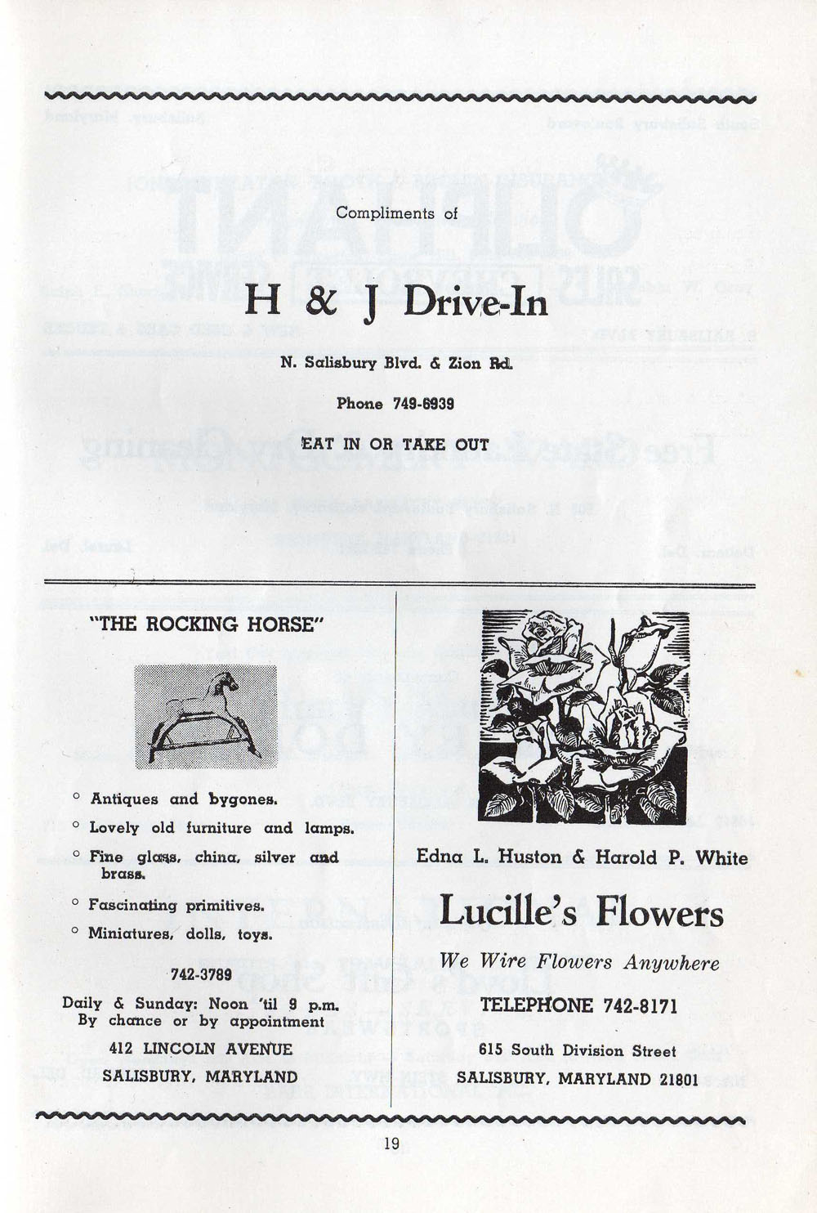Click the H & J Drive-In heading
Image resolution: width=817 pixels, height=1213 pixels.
tap(396, 303)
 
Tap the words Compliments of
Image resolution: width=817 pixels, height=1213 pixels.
tap(397, 213)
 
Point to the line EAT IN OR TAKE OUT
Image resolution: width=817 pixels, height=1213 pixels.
tap(395, 445)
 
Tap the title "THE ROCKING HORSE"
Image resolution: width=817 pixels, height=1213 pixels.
tap(211, 624)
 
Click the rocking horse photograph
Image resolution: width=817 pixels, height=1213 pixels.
tap(206, 716)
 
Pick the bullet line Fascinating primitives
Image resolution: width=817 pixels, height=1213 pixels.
tap(176, 905)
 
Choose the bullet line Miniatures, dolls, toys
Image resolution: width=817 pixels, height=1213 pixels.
tap(180, 933)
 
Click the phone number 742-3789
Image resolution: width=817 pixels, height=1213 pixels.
tap(201, 974)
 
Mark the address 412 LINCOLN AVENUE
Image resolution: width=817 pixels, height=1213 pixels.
tap(200, 1048)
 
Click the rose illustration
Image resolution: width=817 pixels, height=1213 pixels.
tap(583, 717)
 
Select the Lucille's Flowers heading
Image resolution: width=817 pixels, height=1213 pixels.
tap(581, 912)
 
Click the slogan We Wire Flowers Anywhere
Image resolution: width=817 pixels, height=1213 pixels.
tap(579, 962)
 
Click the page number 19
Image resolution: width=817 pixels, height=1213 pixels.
tap(391, 1144)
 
